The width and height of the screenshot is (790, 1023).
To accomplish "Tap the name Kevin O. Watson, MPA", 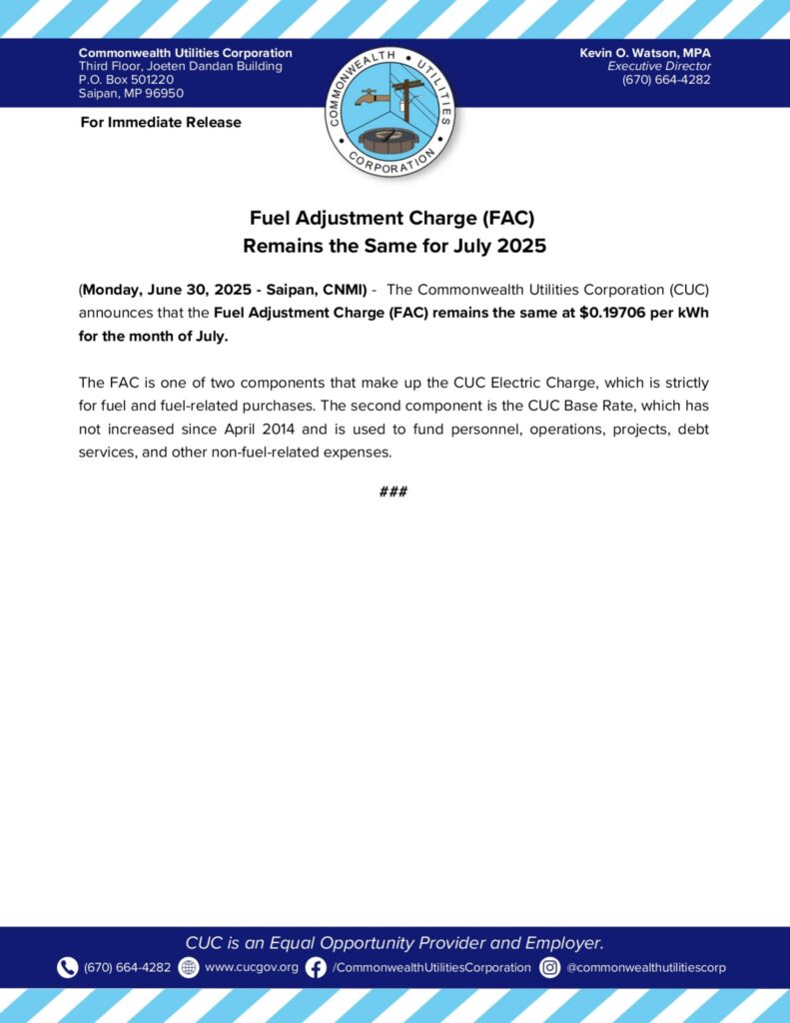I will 644,52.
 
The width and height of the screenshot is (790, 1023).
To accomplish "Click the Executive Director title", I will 659,66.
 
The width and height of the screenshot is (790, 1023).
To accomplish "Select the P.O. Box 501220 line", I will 126,80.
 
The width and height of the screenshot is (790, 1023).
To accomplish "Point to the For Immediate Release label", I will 160,122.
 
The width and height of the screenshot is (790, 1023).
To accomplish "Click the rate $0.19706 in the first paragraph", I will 615,311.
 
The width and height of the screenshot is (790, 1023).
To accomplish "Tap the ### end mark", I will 394,492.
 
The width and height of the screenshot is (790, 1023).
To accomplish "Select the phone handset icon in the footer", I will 67,967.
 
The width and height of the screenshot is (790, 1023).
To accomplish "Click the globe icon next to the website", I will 188,967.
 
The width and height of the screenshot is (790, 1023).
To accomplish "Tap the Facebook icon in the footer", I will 316,967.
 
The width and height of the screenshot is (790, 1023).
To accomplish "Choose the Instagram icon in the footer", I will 549,967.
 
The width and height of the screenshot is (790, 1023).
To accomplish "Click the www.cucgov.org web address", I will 251,967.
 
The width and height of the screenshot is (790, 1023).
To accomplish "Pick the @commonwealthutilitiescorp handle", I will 646,967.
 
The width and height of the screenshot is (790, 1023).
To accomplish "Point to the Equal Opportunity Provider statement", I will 395,942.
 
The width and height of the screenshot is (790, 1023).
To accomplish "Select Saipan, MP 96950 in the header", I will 131,94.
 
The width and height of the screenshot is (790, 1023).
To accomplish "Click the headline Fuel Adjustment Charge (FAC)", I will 395,217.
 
